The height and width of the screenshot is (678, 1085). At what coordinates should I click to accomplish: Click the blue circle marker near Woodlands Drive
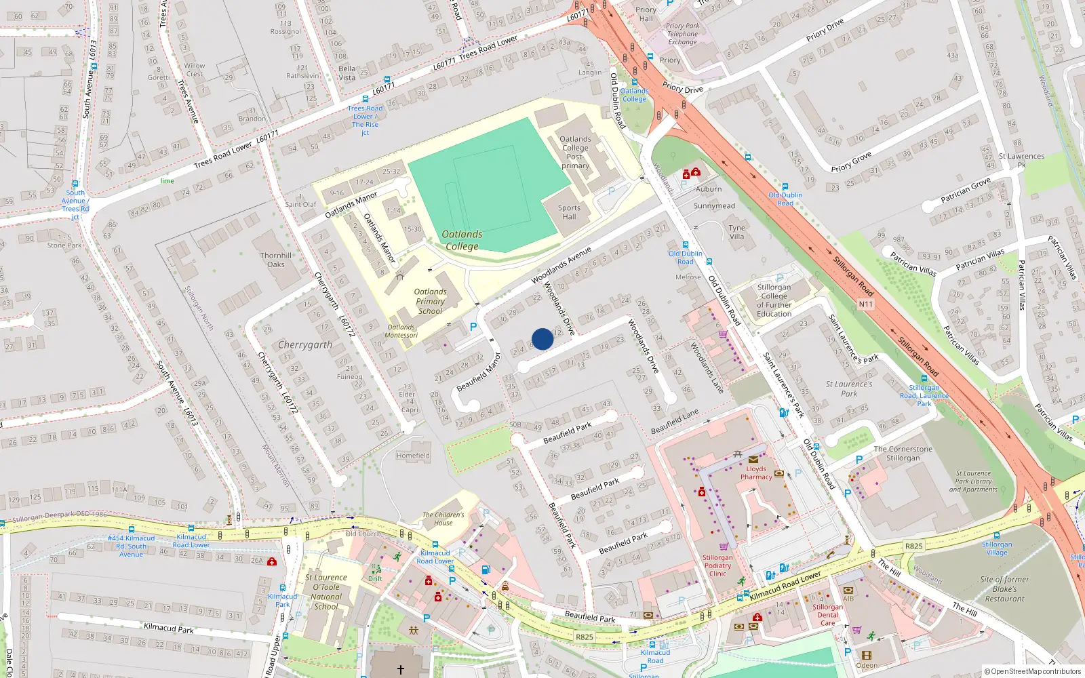point(542,339)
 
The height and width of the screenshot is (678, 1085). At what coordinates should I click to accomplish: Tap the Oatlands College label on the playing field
point(462,240)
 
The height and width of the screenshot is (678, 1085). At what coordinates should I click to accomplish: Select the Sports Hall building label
point(569,212)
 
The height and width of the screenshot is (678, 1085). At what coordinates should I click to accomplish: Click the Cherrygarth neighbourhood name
point(305,344)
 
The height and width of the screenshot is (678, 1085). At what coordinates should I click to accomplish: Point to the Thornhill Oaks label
point(276,260)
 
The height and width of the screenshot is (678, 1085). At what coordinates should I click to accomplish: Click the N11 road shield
point(866,304)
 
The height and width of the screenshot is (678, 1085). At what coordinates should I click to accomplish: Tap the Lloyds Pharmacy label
point(756,473)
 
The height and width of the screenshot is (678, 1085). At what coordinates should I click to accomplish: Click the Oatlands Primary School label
point(430,301)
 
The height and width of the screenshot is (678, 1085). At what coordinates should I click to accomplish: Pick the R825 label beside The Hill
point(913,546)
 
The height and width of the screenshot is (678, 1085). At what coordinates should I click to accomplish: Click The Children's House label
point(443,519)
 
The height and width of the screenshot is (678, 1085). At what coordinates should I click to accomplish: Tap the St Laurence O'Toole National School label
point(326,592)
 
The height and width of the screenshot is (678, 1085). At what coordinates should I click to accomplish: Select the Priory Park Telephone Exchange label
point(682,34)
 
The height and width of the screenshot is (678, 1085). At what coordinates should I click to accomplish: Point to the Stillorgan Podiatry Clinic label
point(717,565)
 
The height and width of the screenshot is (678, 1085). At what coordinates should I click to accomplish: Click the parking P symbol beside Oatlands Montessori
point(473,327)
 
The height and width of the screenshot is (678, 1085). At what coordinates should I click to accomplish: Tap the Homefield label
point(413,456)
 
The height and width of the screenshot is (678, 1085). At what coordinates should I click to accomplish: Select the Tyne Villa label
point(736,232)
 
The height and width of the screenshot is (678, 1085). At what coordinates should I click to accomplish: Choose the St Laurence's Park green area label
point(849,388)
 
